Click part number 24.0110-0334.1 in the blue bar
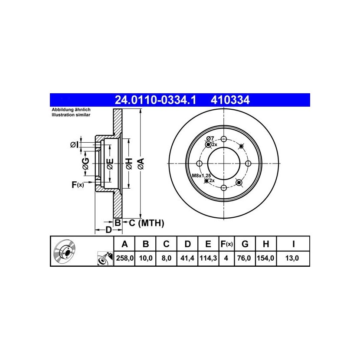click(155, 100)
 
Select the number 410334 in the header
click(230, 100)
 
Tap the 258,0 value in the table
click(124, 258)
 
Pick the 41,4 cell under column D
click(187, 258)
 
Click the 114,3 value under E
click(208, 258)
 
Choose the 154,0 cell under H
click(265, 258)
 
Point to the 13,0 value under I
click(292, 258)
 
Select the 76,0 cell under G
click(244, 258)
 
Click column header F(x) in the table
click(226, 244)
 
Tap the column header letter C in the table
click(166, 244)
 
